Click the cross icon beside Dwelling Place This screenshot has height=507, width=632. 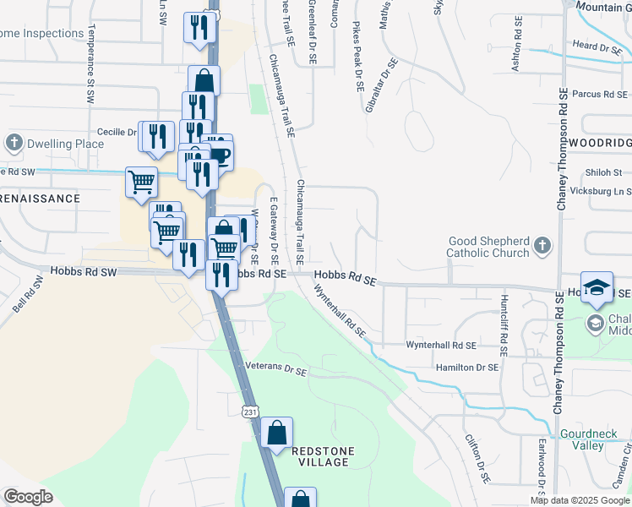[x=14, y=141]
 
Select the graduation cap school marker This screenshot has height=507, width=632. [x=597, y=288]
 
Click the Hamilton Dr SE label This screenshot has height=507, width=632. [x=467, y=367]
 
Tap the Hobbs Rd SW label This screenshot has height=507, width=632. [x=83, y=272]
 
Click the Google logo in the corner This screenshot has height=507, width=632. [x=28, y=496]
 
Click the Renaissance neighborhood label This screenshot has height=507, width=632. [x=40, y=199]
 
